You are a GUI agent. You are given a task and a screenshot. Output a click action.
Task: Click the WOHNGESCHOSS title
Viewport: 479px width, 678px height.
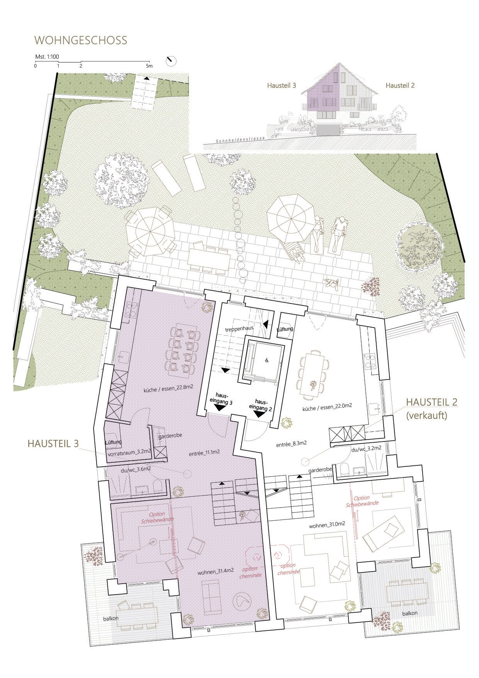coord(81,40)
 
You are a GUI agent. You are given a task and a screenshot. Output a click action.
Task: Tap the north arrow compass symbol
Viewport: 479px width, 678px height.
coord(170,61)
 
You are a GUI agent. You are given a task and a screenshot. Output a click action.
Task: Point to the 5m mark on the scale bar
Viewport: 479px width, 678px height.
coord(149,66)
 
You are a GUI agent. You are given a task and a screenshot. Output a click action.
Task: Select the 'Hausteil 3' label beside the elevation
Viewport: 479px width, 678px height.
coord(282,85)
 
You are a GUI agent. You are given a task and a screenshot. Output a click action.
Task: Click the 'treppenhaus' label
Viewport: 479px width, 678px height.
coord(239,329)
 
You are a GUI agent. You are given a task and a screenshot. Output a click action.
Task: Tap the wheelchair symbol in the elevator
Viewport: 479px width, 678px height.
coord(266,359)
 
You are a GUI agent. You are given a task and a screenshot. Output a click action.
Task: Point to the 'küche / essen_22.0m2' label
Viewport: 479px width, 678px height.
coord(327,406)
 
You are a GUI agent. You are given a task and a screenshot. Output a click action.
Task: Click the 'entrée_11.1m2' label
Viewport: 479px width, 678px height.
coord(204,451)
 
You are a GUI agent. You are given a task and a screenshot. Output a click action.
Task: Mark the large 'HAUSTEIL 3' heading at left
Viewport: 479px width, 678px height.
coord(53,444)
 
